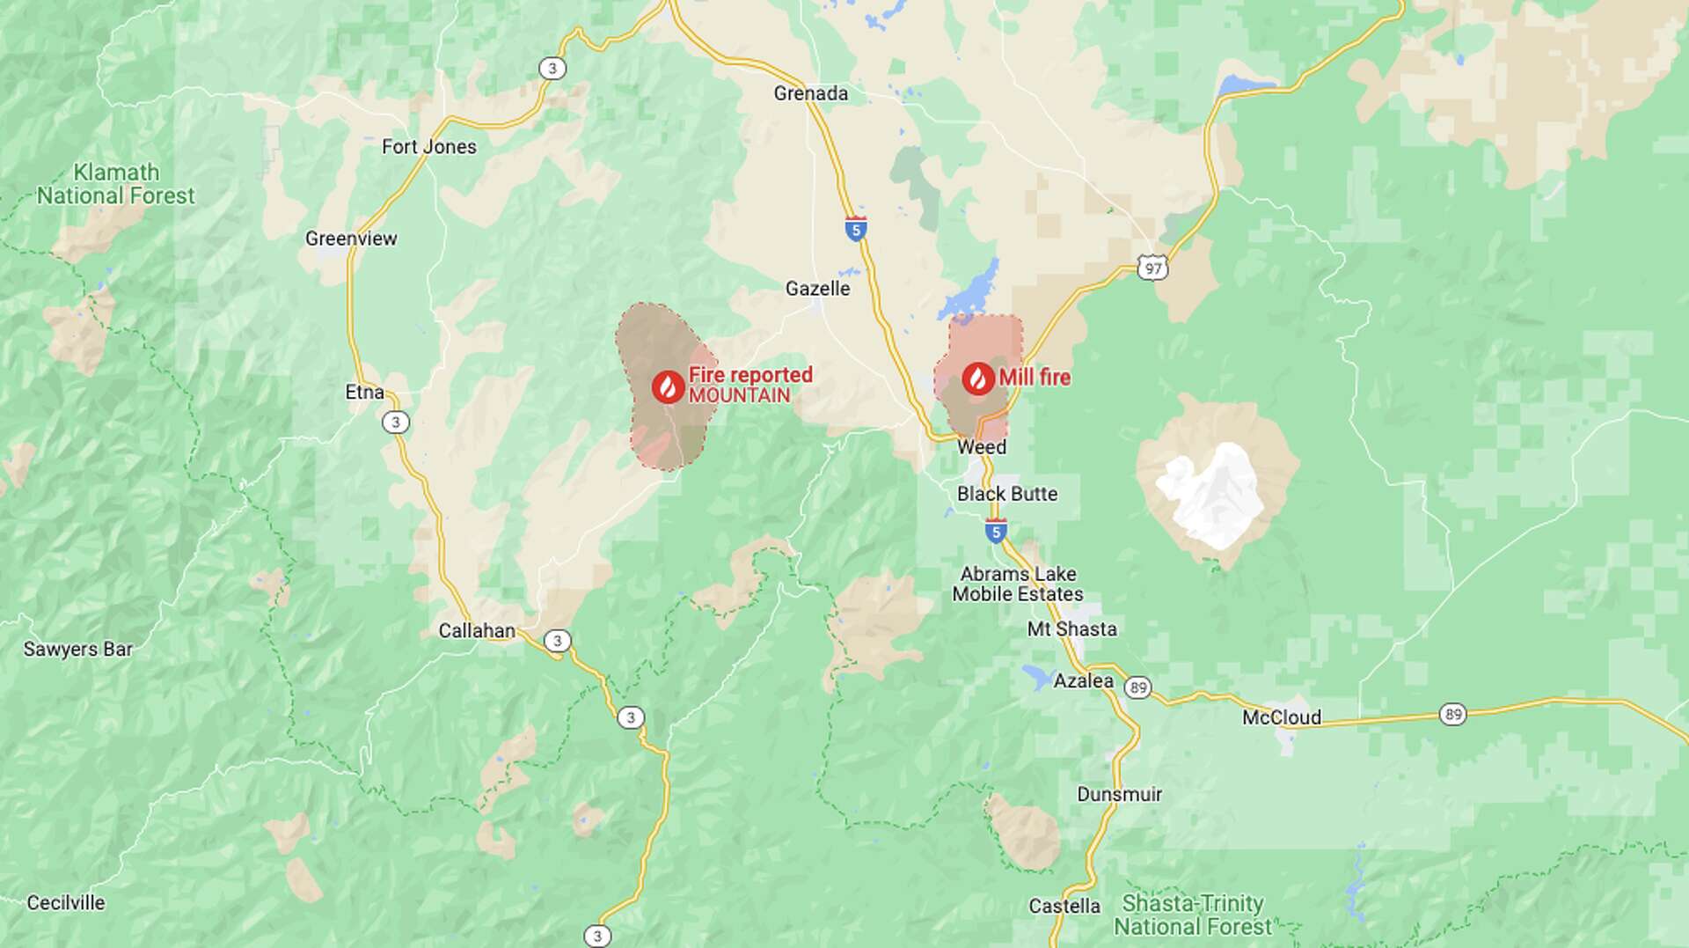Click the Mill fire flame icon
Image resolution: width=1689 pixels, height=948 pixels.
pos(978,378)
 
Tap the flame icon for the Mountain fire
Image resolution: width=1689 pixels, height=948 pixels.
pos(669,386)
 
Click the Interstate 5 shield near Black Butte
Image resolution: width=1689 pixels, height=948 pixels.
pos(996,531)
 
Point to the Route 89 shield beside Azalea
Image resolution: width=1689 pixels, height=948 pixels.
pos(1138,687)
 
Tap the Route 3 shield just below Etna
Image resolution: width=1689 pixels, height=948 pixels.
pos(396,423)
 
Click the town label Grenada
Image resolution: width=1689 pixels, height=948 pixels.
pos(810,93)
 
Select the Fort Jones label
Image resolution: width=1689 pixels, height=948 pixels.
pos(429,147)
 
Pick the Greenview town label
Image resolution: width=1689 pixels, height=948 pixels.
pos(351,239)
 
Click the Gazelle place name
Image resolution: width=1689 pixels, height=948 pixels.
pos(817,289)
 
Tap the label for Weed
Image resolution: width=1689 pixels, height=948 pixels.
pos(982,447)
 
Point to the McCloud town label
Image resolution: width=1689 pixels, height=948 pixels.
pos(1281,717)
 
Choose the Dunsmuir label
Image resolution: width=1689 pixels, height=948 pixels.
pos(1119,795)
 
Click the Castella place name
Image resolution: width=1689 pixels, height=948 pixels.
pos(1064,906)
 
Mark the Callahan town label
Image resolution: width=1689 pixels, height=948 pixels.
pos(477,631)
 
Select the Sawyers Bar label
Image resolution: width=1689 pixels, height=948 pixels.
pos(77,650)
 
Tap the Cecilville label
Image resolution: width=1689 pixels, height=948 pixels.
pos(66,903)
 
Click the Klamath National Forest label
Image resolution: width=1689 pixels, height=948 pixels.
pos(116,184)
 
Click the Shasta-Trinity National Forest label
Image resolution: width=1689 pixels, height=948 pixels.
pos(1192,915)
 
